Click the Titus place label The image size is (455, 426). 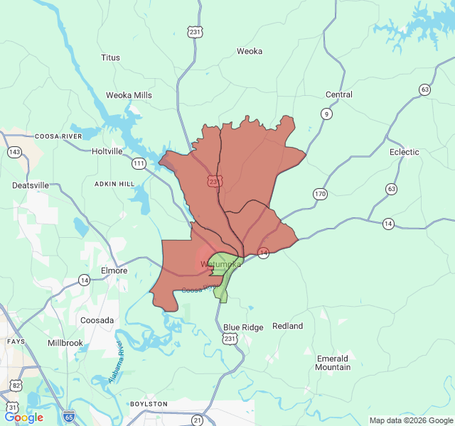click(x=110, y=58)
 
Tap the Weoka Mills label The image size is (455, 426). click(x=129, y=95)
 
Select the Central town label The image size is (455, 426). click(x=338, y=94)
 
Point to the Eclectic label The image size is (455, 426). click(x=405, y=152)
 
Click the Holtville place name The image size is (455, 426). click(x=107, y=151)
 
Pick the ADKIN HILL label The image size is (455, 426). click(x=114, y=184)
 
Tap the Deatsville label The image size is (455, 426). click(x=31, y=185)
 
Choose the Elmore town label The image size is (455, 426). click(x=114, y=271)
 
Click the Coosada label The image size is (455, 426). click(x=97, y=320)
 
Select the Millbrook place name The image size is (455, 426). click(x=65, y=343)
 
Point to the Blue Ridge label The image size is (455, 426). click(x=243, y=327)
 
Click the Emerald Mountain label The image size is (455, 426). click(x=333, y=363)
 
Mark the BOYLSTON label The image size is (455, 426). click(x=149, y=404)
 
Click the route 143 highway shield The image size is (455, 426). click(x=14, y=152)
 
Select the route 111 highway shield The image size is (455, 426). click(x=139, y=164)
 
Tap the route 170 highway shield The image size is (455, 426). click(x=320, y=194)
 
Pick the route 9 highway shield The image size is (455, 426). click(x=326, y=114)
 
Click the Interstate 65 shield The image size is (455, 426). click(x=68, y=417)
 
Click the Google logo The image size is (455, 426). click(x=24, y=417)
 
